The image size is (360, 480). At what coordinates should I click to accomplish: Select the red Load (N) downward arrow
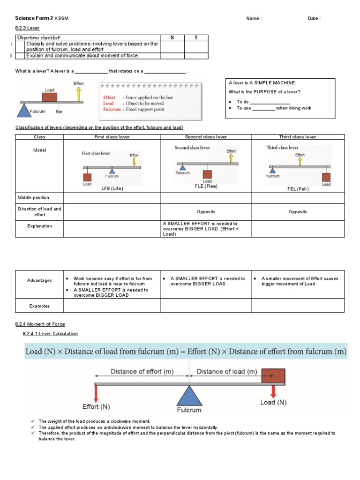click(273, 390)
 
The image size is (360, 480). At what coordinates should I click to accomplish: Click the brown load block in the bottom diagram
click(273, 376)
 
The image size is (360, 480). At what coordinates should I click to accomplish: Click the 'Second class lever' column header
click(206, 137)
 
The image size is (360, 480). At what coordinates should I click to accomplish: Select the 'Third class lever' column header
click(298, 137)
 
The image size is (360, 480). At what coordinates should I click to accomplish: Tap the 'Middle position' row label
click(33, 197)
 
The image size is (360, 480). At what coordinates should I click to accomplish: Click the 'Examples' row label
click(39, 306)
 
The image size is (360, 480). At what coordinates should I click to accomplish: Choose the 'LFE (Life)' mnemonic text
click(112, 188)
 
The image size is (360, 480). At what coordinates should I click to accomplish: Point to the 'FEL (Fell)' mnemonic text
click(298, 189)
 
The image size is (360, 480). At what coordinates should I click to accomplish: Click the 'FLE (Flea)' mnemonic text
click(206, 186)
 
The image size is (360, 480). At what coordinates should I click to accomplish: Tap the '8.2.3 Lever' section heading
click(28, 28)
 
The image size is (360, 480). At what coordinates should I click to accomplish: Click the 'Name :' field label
click(254, 18)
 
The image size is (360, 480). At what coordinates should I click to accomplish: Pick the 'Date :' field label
click(314, 18)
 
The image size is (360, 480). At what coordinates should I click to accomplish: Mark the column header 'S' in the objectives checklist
click(172, 37)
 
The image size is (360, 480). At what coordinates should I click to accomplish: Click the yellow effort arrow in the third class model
click(300, 161)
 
